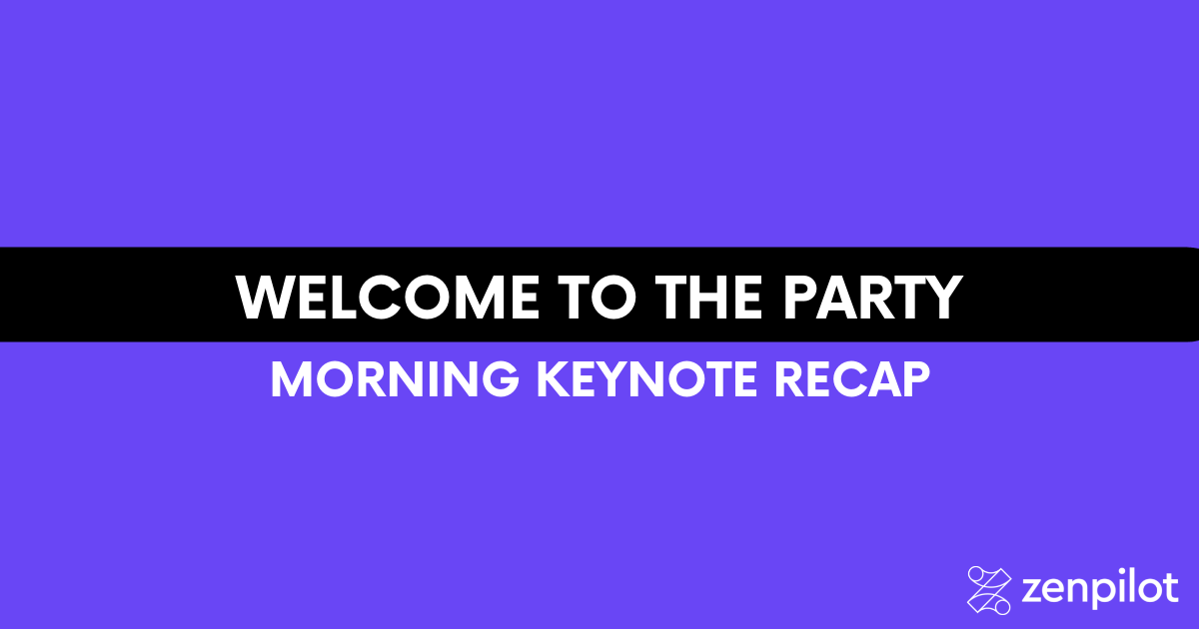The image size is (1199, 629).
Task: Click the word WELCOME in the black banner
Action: (388, 298)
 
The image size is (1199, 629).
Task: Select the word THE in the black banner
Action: (708, 298)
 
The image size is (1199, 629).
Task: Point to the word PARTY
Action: (872, 298)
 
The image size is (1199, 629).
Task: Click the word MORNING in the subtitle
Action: (395, 379)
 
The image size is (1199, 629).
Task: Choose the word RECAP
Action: (852, 379)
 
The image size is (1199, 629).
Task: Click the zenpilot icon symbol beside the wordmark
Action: (989, 590)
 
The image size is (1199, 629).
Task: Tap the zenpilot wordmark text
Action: (1100, 590)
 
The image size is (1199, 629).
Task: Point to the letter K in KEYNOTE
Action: (554, 379)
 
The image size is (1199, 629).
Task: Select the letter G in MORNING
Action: (501, 379)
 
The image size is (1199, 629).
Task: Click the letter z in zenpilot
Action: (1033, 593)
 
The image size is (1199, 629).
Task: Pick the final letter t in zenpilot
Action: (1171, 589)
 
